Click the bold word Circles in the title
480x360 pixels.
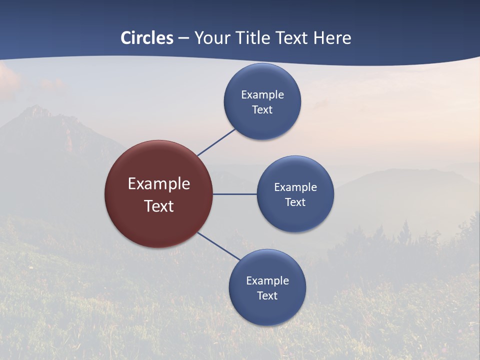tap(147, 38)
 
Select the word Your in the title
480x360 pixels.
tap(211, 38)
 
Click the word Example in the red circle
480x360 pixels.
tap(159, 184)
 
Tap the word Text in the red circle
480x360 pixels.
tap(159, 206)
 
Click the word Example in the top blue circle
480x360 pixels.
tap(262, 94)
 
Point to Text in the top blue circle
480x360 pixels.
tap(262, 109)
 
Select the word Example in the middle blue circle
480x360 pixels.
tap(295, 187)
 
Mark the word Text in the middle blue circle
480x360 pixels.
tap(295, 202)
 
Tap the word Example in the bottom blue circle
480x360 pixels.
tap(267, 280)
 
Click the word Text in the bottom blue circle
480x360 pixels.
tap(267, 295)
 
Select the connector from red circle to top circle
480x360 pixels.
tap(217, 142)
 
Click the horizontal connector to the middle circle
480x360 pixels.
tap(235, 194)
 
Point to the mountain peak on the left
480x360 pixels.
tap(36, 109)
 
